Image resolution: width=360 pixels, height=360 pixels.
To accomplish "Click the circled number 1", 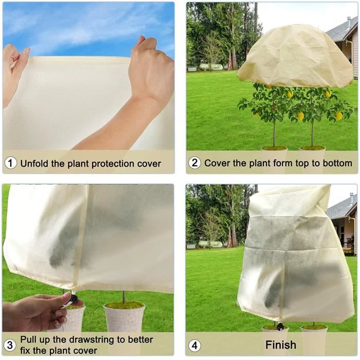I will point(11,164).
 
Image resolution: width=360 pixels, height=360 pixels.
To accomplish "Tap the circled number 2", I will point(194,164).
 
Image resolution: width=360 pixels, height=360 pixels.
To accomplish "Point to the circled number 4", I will point(194,345).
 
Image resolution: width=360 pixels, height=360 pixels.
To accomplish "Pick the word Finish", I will point(281,345).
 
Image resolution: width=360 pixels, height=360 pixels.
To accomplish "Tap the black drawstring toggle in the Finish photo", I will point(280,326).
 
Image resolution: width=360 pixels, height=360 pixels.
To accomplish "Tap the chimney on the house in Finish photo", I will point(351,199).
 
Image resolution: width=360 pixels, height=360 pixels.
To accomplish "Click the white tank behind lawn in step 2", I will point(210,67).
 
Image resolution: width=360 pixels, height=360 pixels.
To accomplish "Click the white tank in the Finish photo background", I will point(210,244).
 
